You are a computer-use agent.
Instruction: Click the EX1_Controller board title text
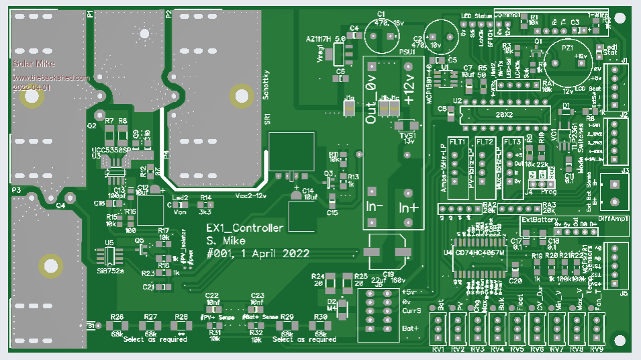[x=244, y=229]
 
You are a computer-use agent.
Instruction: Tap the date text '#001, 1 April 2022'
[x=258, y=253]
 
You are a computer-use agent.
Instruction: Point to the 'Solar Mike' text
[x=34, y=64]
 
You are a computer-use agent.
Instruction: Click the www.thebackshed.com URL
[x=51, y=78]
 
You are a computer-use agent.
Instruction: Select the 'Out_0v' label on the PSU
[x=371, y=100]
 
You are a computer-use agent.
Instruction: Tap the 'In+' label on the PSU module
[x=408, y=207]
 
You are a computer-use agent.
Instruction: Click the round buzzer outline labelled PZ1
[x=568, y=62]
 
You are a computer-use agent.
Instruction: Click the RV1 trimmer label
[x=438, y=350]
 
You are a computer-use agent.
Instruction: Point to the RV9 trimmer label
[x=597, y=350]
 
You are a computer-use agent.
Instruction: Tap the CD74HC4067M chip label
[x=480, y=253]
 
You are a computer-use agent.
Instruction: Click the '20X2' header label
[x=503, y=115]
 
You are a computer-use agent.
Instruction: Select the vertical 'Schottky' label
[x=266, y=85]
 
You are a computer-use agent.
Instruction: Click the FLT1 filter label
[x=458, y=142]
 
